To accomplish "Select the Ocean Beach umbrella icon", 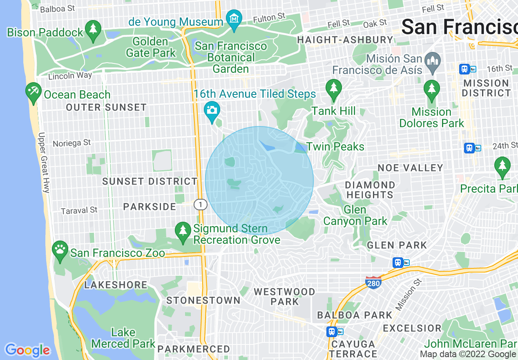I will [x=33, y=92].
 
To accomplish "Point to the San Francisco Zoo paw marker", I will [x=60, y=250].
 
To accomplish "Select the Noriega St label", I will [x=71, y=143].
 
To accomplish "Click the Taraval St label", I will [x=79, y=210].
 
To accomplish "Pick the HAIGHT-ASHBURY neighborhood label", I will [x=345, y=40].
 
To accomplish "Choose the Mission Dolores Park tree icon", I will [x=431, y=90].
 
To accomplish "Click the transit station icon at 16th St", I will [x=464, y=69].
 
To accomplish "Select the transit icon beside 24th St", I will [x=469, y=148].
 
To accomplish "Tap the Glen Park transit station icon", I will [x=398, y=263].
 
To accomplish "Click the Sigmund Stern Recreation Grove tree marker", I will [x=183, y=232].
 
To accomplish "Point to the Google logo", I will [x=27, y=350].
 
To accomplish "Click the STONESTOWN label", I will [x=203, y=300].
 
